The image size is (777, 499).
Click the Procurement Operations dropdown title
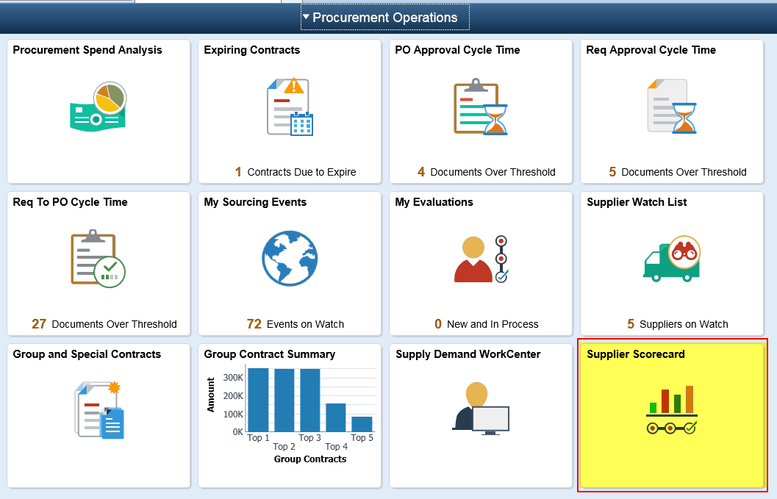click(384, 18)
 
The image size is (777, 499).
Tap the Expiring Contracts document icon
click(290, 107)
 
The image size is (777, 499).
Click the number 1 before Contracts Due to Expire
click(238, 172)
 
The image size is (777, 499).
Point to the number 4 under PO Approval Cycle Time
click(421, 172)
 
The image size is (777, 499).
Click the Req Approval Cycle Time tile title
click(651, 50)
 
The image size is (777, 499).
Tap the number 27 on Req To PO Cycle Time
click(39, 324)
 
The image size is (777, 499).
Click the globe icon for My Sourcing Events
click(290, 259)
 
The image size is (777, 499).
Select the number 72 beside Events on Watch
click(254, 324)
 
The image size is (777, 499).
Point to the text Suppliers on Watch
click(684, 324)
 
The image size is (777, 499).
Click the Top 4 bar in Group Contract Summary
click(336, 417)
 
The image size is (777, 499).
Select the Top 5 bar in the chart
click(362, 423)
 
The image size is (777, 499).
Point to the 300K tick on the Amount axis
click(233, 377)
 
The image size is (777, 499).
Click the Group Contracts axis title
click(309, 459)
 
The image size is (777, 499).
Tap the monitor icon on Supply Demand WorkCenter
click(490, 420)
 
